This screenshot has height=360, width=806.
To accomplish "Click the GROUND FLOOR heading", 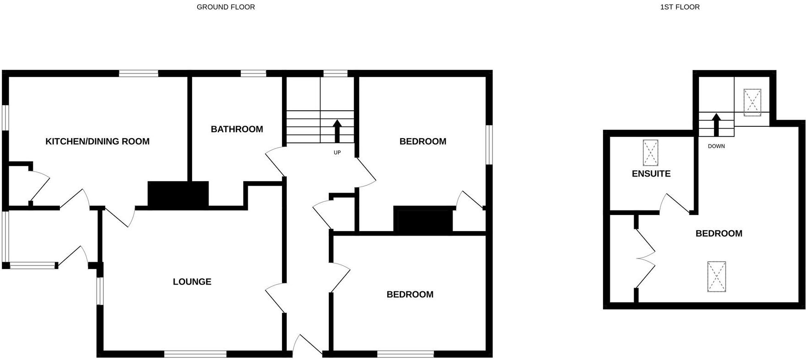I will tap(226, 7).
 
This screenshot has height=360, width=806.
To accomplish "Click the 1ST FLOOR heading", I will tap(680, 7).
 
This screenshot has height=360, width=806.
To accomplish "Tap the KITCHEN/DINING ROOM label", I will tap(97, 141).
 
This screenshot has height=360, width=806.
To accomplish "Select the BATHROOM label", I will tap(237, 129).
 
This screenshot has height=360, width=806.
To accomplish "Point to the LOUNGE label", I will tap(192, 282).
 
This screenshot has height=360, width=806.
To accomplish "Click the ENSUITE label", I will tap(651, 174).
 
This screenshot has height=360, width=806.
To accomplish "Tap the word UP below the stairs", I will tap(337, 152).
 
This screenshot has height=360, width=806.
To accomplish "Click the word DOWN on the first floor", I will tap(716, 146).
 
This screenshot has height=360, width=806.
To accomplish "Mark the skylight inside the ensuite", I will tap(651, 153).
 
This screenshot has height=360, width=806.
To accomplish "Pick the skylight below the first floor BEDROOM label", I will tap(716, 276).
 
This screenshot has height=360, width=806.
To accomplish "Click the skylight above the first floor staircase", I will tap(752, 102).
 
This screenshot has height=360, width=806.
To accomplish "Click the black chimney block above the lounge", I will tap(178, 194).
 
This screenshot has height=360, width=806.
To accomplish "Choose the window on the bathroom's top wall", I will tap(253, 73).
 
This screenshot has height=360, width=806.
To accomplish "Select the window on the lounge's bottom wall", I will tap(195, 354).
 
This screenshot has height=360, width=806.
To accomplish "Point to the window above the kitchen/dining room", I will tap(139, 73).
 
